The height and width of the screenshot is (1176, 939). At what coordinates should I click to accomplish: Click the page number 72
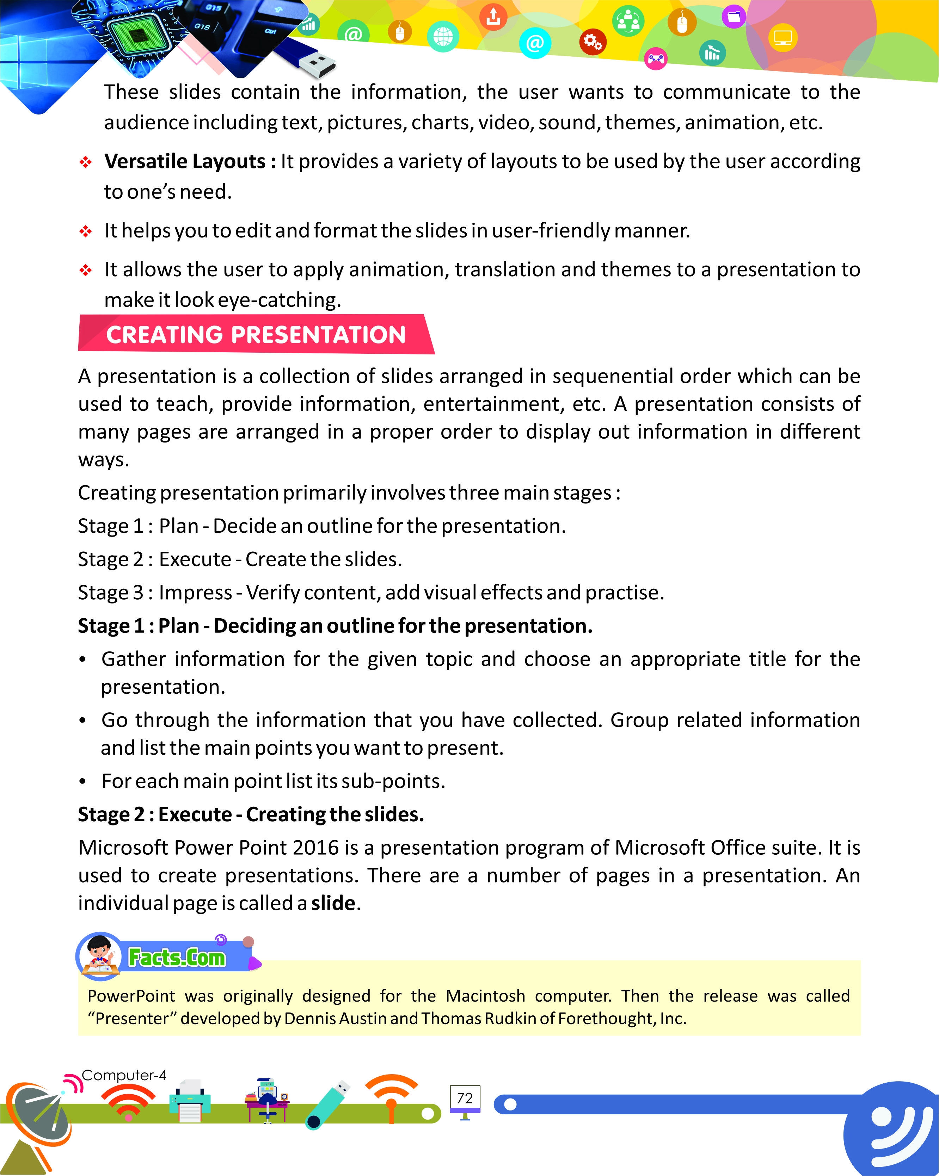pos(464,1098)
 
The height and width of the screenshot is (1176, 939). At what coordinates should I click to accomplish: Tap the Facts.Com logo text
pos(176,957)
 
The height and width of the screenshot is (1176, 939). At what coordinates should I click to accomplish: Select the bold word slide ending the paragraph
pos(333,903)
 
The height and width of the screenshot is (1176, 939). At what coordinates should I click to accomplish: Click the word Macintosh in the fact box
pos(485,996)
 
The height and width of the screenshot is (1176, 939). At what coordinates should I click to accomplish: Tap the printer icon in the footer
pos(190,1101)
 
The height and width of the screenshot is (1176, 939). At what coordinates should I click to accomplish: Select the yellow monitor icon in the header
pos(783,38)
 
